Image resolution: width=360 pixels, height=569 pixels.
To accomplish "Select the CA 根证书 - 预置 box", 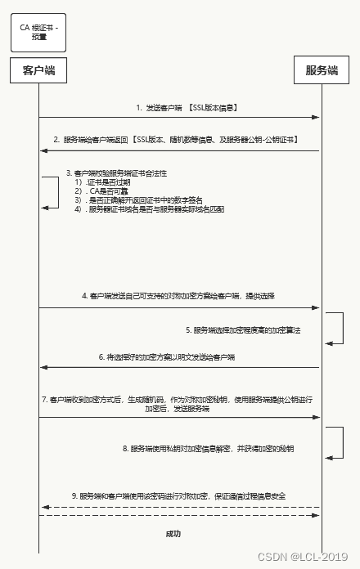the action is click(39, 32).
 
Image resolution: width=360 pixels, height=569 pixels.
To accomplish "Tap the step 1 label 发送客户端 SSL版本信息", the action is click(187, 107).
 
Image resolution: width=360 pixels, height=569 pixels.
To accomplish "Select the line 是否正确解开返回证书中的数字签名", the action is click(139, 200).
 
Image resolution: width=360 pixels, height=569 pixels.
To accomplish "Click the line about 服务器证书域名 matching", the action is click(149, 209).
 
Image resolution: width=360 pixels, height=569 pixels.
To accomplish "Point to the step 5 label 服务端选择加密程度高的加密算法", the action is click(243, 329).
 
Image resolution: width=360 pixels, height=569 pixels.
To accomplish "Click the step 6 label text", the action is click(167, 357).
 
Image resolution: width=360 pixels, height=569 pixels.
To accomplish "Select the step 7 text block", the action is click(178, 403).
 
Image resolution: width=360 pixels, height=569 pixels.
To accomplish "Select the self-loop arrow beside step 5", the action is click(335, 328).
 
